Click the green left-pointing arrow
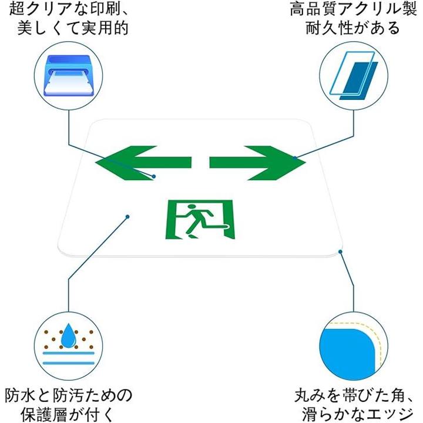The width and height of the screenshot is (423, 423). pyautogui.click(x=144, y=162)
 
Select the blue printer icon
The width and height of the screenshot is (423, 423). pyautogui.click(x=69, y=75)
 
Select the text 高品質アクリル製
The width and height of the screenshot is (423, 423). pyautogui.click(x=352, y=9)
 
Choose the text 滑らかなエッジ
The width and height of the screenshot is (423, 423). pyautogui.click(x=352, y=412)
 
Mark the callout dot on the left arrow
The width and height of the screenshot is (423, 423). pyautogui.click(x=154, y=176)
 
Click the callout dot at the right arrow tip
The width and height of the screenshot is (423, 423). pyautogui.click(x=294, y=157)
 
